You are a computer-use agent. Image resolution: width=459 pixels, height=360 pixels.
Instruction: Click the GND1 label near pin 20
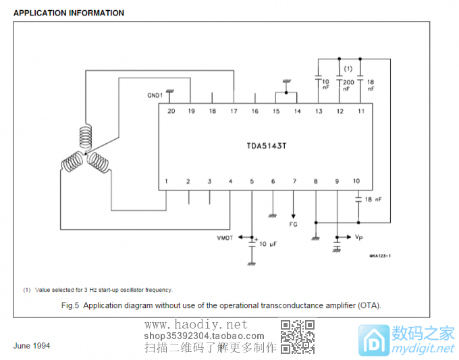click(155, 96)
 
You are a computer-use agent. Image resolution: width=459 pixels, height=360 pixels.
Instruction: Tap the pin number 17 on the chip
click(234, 110)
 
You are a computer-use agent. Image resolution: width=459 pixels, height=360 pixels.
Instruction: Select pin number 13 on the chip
click(319, 110)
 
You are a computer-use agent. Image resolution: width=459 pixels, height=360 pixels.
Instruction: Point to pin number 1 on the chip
click(167, 181)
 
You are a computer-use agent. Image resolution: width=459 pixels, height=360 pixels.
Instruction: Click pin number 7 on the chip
click(294, 181)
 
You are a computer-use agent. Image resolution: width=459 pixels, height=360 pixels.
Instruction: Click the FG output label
click(294, 223)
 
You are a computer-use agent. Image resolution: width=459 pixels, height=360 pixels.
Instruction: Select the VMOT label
click(225, 238)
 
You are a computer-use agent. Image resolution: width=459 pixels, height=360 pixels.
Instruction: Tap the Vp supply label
click(360, 238)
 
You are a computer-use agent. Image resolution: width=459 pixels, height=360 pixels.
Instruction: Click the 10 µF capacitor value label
click(268, 243)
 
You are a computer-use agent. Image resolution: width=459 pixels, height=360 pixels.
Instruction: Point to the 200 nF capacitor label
click(348, 85)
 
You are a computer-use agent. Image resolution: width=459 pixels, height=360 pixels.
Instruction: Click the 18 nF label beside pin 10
click(373, 199)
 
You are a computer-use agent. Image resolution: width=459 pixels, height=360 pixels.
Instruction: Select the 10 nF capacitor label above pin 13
click(326, 85)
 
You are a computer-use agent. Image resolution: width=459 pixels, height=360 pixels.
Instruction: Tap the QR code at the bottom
click(298, 336)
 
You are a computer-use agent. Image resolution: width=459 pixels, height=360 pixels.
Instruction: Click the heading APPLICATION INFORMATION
click(69, 13)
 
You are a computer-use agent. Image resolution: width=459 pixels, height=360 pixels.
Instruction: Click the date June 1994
click(32, 346)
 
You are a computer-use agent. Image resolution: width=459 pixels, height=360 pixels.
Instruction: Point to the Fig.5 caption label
click(71, 305)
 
